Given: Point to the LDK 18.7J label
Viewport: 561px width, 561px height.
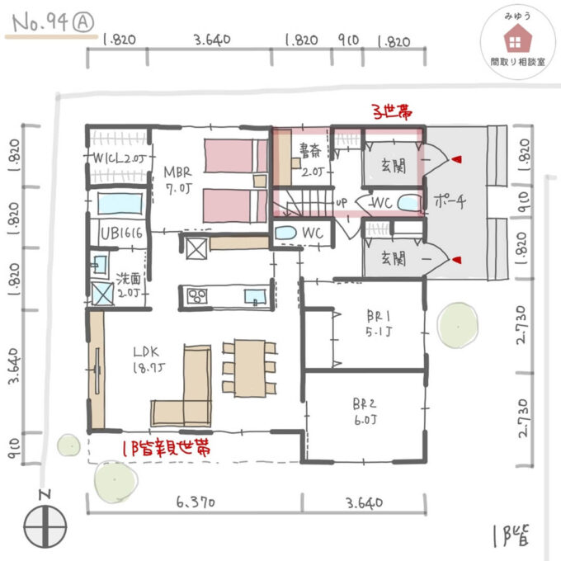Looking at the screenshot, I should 149,360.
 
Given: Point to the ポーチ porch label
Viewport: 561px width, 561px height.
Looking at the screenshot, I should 446,200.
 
